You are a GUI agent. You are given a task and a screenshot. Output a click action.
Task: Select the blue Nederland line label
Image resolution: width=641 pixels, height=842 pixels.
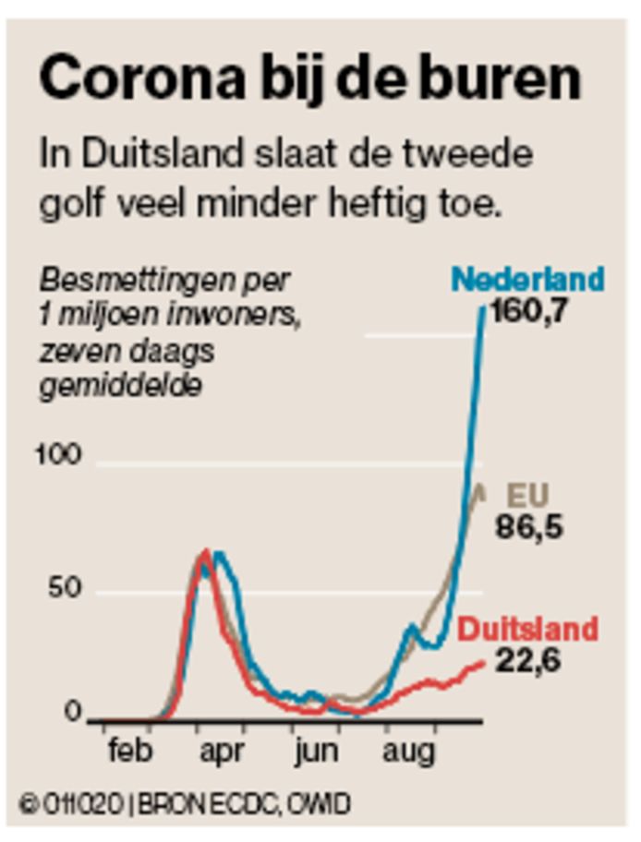click(527, 279)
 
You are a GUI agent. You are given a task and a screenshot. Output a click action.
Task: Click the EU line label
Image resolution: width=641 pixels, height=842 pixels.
click(527, 497)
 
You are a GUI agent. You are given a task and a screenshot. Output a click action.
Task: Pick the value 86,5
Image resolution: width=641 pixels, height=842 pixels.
click(529, 529)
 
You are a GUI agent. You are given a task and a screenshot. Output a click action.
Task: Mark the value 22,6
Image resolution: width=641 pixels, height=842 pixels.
click(528, 661)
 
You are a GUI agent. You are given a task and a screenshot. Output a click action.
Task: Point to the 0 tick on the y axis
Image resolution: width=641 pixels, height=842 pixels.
click(73, 713)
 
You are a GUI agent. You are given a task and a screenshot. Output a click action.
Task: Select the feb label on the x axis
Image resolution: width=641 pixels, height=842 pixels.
click(129, 751)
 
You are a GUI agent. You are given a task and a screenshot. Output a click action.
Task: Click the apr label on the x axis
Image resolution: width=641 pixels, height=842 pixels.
click(222, 751)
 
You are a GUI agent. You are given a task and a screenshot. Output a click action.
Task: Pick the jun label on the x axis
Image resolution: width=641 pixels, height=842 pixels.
click(317, 751)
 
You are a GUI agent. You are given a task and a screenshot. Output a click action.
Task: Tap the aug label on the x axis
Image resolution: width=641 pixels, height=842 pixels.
click(408, 751)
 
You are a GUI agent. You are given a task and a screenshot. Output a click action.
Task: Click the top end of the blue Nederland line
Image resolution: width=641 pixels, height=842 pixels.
click(482, 307)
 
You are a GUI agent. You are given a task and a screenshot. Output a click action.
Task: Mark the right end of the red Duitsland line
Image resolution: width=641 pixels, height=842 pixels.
click(482, 663)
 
